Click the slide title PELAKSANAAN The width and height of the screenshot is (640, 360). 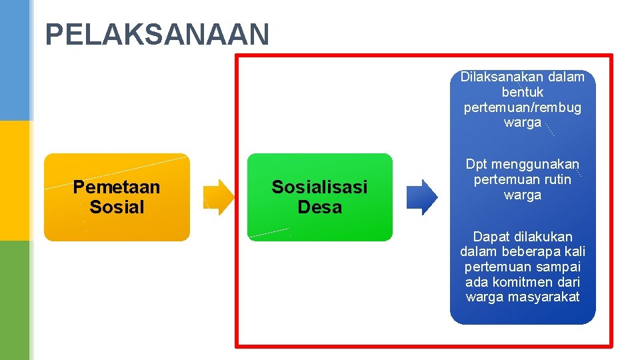(157, 35)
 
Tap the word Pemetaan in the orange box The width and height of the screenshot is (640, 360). (117, 187)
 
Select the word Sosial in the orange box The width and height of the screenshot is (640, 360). (117, 207)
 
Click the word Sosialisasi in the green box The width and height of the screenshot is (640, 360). (319, 187)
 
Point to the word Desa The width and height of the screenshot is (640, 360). (319, 207)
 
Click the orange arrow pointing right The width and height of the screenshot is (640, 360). (219, 197)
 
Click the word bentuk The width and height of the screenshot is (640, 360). (523, 92)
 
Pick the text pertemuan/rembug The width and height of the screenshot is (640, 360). (523, 107)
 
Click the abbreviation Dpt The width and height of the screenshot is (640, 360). (476, 165)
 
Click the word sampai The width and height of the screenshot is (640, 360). (557, 267)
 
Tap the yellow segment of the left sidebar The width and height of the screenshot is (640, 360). (15, 180)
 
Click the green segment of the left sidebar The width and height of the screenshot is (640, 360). (15, 300)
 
